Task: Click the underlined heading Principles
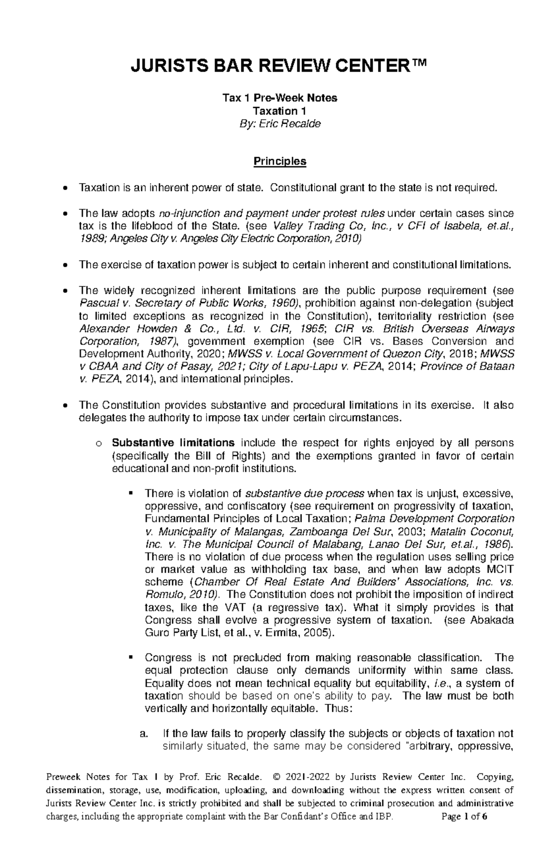click(x=280, y=162)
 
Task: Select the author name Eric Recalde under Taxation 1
click(x=297, y=124)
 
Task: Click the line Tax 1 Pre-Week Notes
click(x=280, y=98)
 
